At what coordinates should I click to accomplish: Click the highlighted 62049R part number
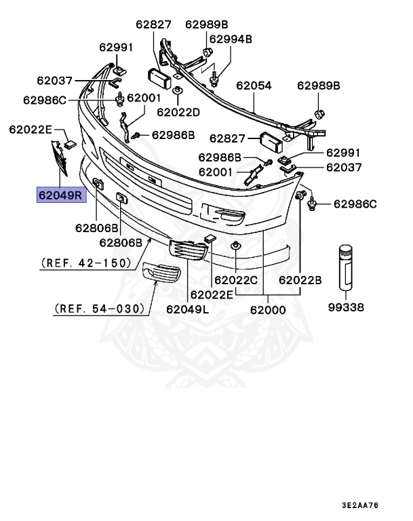tap(60, 196)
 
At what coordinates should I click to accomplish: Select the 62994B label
tap(231, 39)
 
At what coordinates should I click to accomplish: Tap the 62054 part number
tap(254, 86)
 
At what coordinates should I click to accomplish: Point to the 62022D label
tap(178, 111)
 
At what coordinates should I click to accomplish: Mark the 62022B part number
tap(299, 279)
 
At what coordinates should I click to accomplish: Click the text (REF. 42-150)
tap(85, 262)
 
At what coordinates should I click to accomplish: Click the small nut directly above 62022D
tap(177, 90)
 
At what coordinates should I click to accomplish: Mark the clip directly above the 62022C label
tap(236, 246)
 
